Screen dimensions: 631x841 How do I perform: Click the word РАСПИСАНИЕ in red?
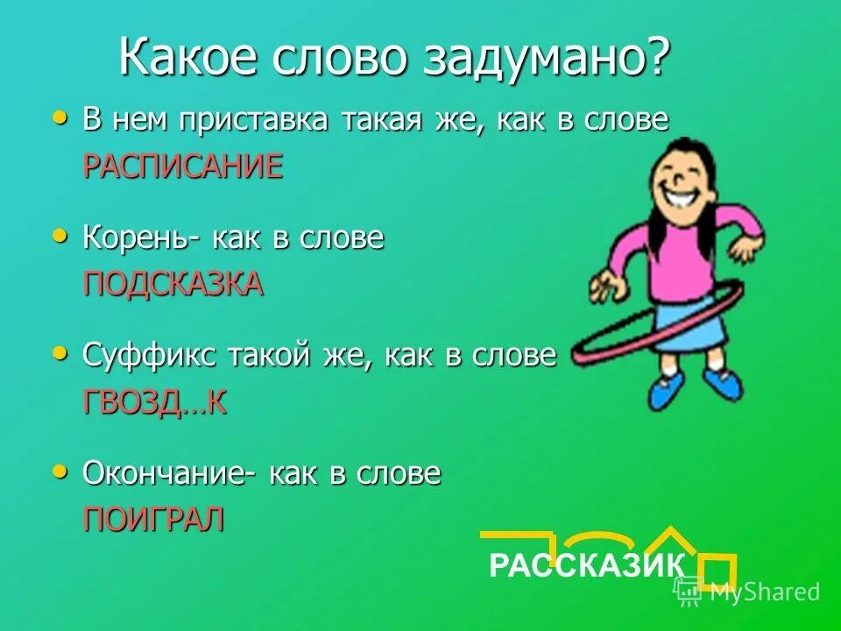coord(182,166)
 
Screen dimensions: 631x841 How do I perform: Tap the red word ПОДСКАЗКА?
coord(173,283)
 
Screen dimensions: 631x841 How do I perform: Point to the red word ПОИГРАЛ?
coord(153,519)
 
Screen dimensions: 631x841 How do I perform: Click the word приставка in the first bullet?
coord(253,120)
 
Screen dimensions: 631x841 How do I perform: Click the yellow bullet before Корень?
coord(60,234)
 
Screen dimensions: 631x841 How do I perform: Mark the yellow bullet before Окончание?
coord(60,471)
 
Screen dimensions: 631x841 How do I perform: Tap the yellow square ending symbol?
coord(716,569)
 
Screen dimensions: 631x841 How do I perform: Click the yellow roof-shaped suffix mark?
coord(670,540)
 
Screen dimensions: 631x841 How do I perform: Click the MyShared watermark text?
coord(764,592)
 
